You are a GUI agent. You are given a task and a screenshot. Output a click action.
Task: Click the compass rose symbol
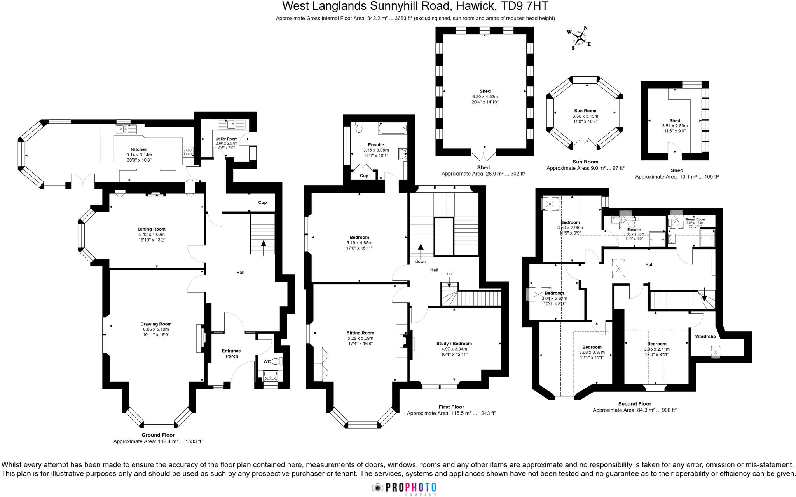click(x=579, y=38)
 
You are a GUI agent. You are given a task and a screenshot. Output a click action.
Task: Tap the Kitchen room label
click(x=139, y=149)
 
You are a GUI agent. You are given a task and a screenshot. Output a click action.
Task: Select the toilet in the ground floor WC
click(x=277, y=361)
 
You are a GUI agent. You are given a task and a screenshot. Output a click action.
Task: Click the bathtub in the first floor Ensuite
click(x=392, y=127)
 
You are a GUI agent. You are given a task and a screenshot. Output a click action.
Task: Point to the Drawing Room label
click(x=156, y=324)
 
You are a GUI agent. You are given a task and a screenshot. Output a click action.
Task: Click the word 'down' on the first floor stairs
click(x=421, y=261)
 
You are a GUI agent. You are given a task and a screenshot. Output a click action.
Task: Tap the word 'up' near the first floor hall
click(x=450, y=274)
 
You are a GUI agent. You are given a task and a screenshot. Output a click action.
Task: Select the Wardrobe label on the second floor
click(x=705, y=337)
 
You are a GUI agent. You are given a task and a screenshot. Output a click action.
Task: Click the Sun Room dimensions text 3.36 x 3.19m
click(x=585, y=116)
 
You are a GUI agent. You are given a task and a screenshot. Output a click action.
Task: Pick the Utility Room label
click(x=226, y=139)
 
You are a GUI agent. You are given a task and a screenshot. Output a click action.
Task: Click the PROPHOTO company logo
click(x=405, y=488)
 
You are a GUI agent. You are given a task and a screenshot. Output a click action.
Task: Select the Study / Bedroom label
click(x=454, y=344)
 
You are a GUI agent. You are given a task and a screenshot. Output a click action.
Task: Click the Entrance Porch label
click(x=231, y=353)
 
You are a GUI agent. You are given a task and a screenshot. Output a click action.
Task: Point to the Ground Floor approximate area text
click(x=158, y=441)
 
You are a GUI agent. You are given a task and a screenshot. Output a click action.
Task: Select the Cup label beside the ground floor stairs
click(x=262, y=202)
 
